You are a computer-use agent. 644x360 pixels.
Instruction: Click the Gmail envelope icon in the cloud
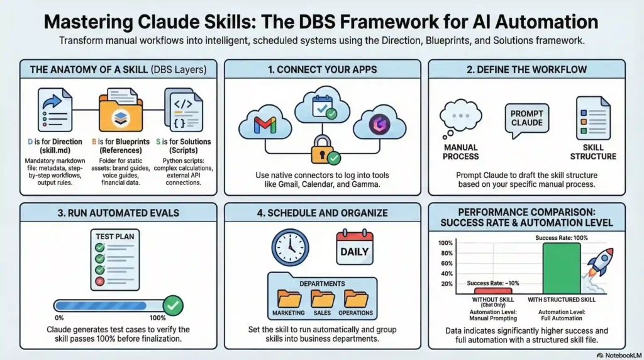[265, 124]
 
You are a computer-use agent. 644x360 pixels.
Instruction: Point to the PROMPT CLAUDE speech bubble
[526, 118]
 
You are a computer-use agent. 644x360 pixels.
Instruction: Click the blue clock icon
[290, 247]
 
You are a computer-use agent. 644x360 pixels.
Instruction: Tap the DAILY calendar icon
[355, 250]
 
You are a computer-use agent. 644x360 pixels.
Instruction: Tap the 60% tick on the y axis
[446, 263]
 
